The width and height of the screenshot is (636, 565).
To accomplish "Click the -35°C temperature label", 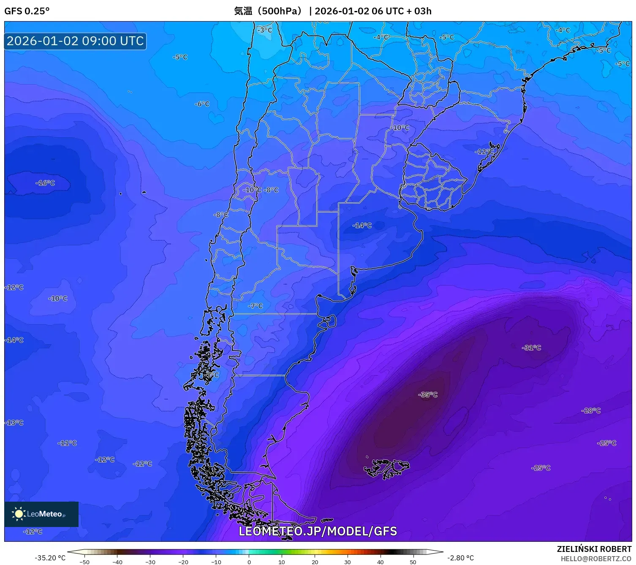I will (428, 395).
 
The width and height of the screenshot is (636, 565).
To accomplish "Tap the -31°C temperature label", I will (531, 348).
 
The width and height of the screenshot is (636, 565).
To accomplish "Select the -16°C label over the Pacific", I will (45, 183).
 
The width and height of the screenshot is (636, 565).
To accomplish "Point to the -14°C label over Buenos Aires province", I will (362, 225).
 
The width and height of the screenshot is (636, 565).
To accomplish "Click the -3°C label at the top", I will (265, 30).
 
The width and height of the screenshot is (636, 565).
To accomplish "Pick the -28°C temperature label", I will (591, 410).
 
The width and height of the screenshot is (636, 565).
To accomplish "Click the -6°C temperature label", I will (202, 104).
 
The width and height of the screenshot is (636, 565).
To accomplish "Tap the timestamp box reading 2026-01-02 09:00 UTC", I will (75, 41).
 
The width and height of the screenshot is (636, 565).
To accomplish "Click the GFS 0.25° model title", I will (27, 11).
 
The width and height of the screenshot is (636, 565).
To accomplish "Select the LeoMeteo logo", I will (41, 514).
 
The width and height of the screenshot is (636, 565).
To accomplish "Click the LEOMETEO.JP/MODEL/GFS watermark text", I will (318, 531).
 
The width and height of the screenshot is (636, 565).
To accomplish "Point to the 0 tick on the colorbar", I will (249, 562).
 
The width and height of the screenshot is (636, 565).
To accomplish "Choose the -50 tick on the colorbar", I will (84, 562).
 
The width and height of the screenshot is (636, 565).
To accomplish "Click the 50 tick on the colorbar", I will (413, 562).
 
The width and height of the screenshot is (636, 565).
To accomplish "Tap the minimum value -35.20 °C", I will (50, 558).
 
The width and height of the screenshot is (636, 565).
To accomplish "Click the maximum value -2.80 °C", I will (460, 558).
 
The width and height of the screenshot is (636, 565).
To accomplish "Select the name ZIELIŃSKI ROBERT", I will (594, 549).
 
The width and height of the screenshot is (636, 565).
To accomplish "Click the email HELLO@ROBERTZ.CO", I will (596, 559).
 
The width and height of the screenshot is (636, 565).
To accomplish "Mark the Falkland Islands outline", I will (386, 468).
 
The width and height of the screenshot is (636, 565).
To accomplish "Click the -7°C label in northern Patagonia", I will (255, 306).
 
